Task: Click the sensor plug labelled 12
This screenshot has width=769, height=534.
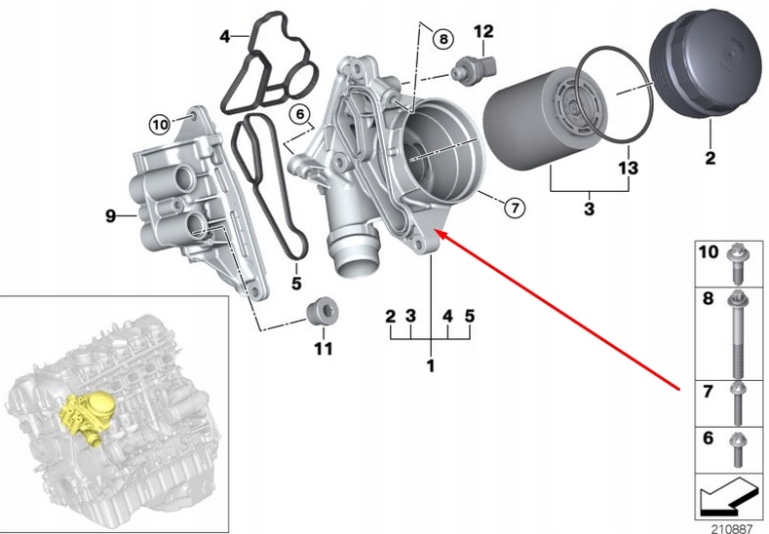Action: click(x=475, y=67)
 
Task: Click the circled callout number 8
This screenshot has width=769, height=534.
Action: click(x=442, y=39)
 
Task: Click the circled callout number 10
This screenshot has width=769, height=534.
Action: click(x=159, y=124)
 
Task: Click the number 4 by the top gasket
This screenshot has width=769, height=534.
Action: click(x=225, y=38)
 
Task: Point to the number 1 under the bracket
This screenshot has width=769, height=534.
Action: click(x=430, y=365)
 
